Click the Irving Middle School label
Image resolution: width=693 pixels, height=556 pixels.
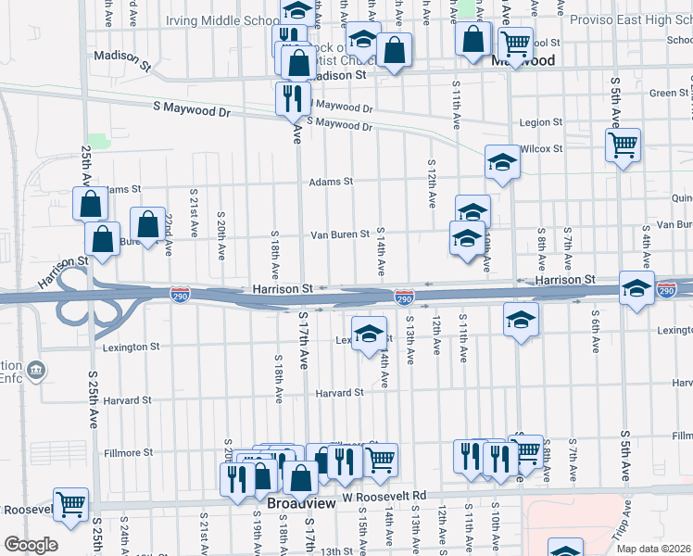pyautogui.click(x=222, y=20)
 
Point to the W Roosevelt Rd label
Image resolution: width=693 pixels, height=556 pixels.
pyautogui.click(x=384, y=497)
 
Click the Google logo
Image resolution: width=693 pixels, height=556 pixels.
pyautogui.click(x=31, y=545)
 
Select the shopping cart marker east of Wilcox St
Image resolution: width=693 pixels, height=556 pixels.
pyautogui.click(x=623, y=145)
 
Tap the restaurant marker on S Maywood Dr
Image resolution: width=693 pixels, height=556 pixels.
pyautogui.click(x=293, y=98)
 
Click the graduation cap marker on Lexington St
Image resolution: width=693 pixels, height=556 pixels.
pyautogui.click(x=369, y=333)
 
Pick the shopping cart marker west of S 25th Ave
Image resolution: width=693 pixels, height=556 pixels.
pyautogui.click(x=70, y=504)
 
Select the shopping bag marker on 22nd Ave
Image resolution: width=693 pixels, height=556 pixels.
pyautogui.click(x=147, y=224)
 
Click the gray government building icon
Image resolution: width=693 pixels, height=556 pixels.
pyautogui.click(x=36, y=371)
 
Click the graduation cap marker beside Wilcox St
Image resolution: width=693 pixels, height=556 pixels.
pyautogui.click(x=502, y=162)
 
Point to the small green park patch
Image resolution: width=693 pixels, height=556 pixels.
pyautogui.click(x=98, y=141)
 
